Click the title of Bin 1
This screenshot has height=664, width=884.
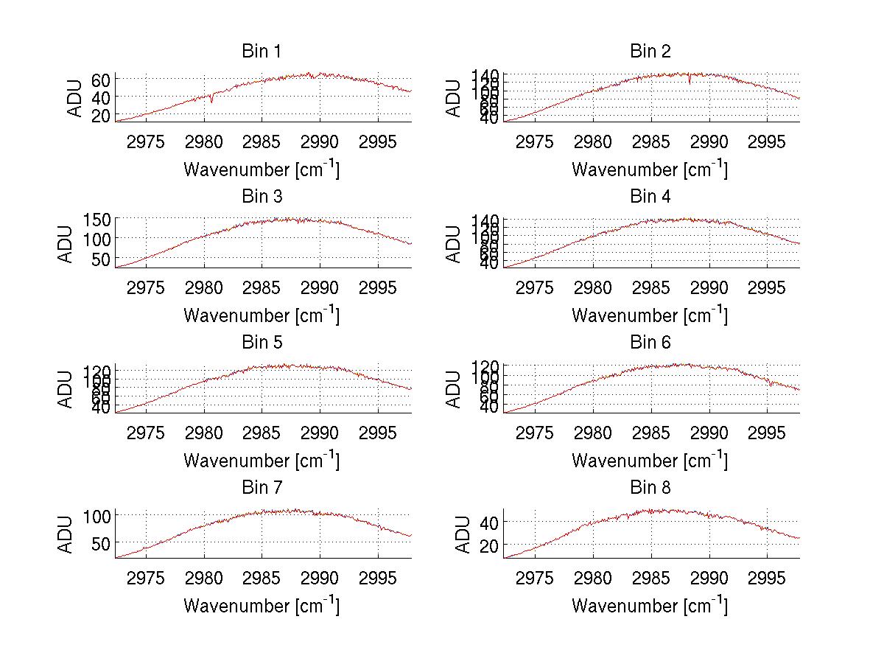[261, 52]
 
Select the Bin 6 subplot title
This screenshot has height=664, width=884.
[650, 343]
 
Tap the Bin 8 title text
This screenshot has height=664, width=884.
[650, 488]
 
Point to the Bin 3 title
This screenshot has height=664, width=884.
[261, 197]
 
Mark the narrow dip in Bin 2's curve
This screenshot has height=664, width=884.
[690, 82]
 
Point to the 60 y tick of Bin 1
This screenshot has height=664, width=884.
[102, 80]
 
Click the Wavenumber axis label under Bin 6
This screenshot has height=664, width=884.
[650, 461]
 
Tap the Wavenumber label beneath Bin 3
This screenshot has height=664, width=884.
[261, 315]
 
